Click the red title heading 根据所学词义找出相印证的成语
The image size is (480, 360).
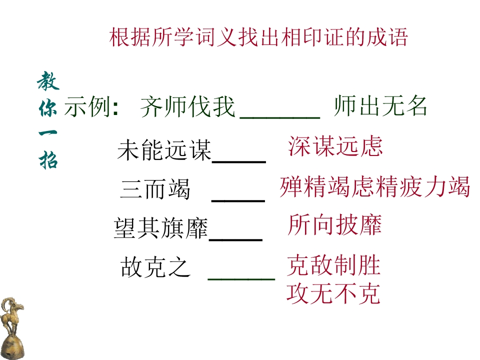pyautogui.click(x=258, y=37)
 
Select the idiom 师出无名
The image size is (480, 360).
pyautogui.click(x=380, y=105)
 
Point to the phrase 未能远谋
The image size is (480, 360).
pyautogui.click(x=164, y=149)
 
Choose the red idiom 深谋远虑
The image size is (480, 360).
pyautogui.click(x=335, y=146)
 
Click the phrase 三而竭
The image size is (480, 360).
pyautogui.click(x=155, y=189)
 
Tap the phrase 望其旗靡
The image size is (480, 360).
pyautogui.click(x=160, y=228)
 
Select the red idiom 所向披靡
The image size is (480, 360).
pyautogui.click(x=334, y=224)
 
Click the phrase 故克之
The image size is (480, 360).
pyautogui.click(x=156, y=267)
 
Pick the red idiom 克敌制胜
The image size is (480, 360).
pyautogui.click(x=333, y=265)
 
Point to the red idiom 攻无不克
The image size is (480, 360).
pyautogui.click(x=333, y=293)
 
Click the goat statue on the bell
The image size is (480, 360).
pyautogui.click(x=12, y=328)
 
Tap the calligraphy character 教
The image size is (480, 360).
pyautogui.click(x=48, y=81)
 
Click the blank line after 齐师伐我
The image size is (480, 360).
pyautogui.click(x=280, y=117)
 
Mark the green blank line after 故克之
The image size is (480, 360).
pyautogui.click(x=241, y=279)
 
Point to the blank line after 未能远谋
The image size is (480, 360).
pyautogui.click(x=239, y=161)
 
